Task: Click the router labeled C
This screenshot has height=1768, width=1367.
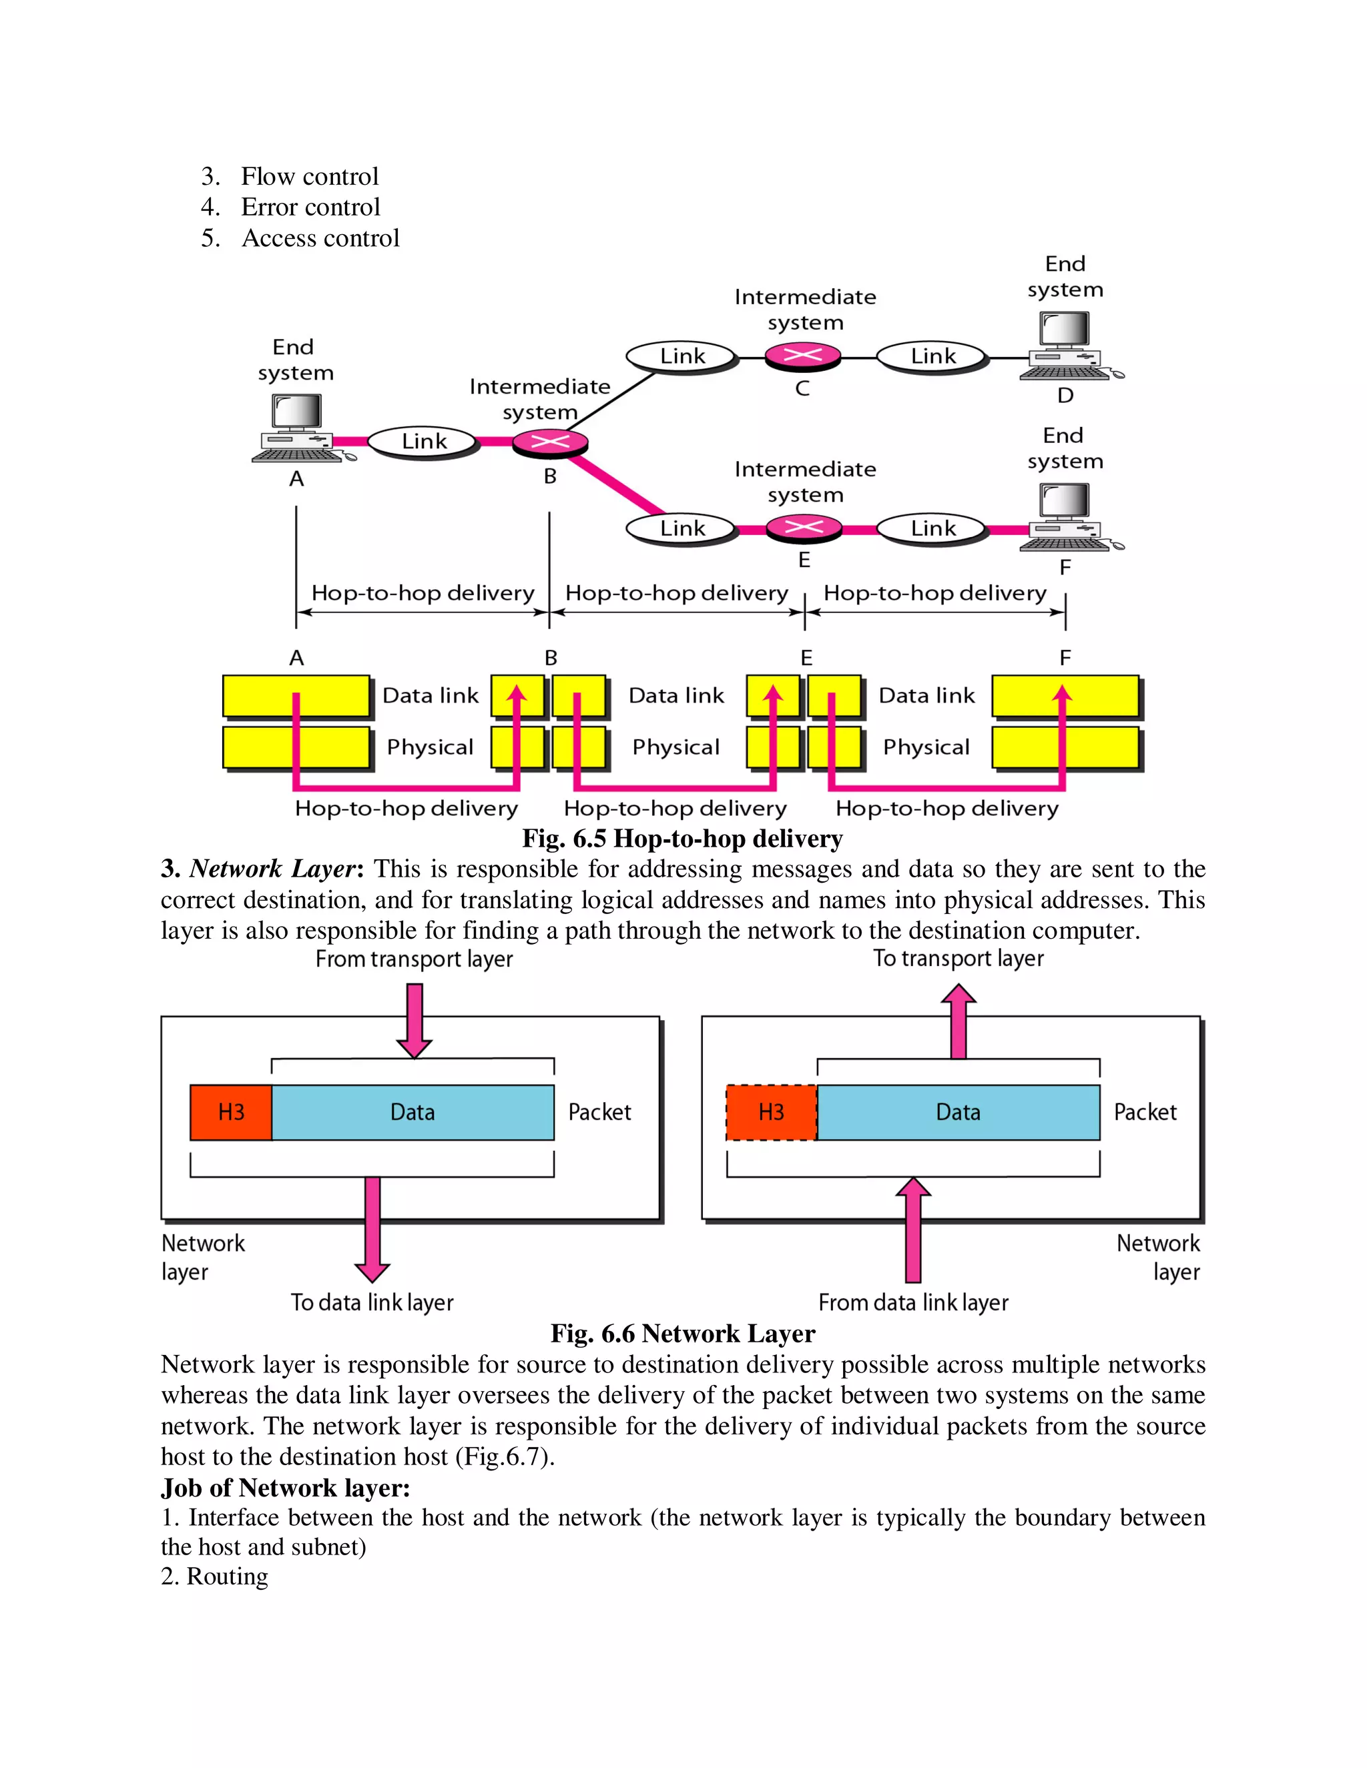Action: [x=802, y=356]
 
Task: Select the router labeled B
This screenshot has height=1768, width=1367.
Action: [x=550, y=442]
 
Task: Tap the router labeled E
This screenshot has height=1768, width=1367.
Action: [x=804, y=528]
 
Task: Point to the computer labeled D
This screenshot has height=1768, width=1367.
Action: [x=1067, y=346]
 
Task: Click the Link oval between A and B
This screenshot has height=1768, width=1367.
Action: [x=424, y=441]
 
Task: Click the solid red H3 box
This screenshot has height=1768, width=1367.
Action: [x=231, y=1112]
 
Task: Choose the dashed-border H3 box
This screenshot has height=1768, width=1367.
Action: [x=771, y=1112]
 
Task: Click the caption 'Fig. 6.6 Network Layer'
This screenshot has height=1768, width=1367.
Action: [x=683, y=1333]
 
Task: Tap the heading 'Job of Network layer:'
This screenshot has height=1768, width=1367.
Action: [x=285, y=1488]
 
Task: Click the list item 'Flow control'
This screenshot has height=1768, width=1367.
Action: [x=309, y=177]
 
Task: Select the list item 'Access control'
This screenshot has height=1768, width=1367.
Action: [x=320, y=238]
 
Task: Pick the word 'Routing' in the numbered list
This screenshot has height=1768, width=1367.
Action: [x=227, y=1576]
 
